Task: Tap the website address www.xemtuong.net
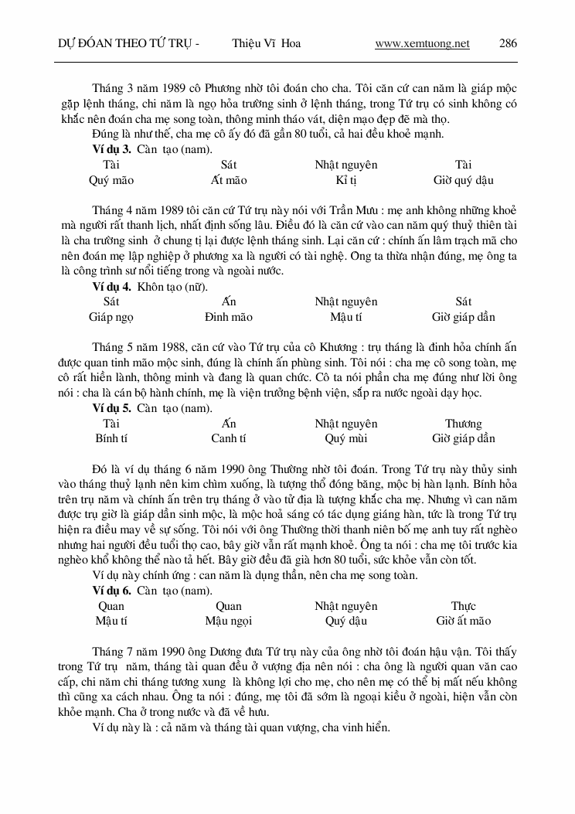pyautogui.click(x=422, y=43)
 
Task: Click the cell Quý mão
pyautogui.click(x=111, y=180)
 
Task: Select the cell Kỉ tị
pyautogui.click(x=345, y=180)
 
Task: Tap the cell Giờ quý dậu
pyautogui.click(x=463, y=180)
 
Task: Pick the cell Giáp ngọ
pyautogui.click(x=111, y=317)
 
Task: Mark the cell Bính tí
pyautogui.click(x=111, y=438)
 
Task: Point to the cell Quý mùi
pyautogui.click(x=345, y=438)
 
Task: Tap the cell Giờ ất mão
pyautogui.click(x=463, y=621)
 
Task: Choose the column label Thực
pyautogui.click(x=463, y=606)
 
